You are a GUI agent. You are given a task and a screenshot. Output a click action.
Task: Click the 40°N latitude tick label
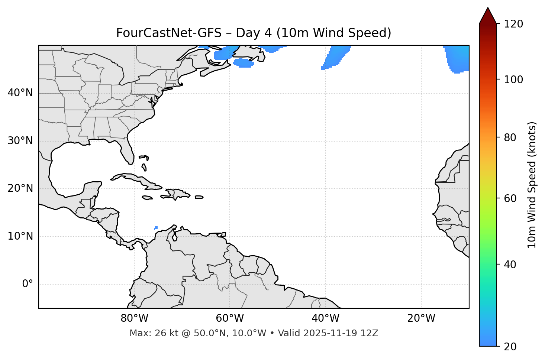pyautogui.click(x=20, y=93)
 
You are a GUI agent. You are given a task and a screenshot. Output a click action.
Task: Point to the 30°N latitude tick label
pyautogui.click(x=20, y=141)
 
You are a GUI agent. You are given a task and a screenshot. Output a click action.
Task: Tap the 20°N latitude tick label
pyautogui.click(x=20, y=189)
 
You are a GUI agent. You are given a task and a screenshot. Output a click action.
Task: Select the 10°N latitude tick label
pyautogui.click(x=20, y=236)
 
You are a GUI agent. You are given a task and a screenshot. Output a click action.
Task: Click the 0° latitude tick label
pyautogui.click(x=28, y=284)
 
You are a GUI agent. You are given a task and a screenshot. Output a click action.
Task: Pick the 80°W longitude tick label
pyautogui.click(x=134, y=318)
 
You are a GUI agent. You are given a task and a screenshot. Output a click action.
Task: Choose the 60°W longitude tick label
pyautogui.click(x=230, y=318)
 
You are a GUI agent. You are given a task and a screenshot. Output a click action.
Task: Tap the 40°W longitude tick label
pyautogui.click(x=325, y=318)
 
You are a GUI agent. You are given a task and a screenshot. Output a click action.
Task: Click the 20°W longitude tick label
pyautogui.click(x=421, y=318)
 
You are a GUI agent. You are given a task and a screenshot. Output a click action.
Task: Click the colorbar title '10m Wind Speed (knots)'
pyautogui.click(x=532, y=185)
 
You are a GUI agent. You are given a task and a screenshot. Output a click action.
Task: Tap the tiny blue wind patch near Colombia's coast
pyautogui.click(x=156, y=228)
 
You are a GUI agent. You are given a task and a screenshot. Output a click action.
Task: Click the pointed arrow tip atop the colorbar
pyautogui.click(x=488, y=9)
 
